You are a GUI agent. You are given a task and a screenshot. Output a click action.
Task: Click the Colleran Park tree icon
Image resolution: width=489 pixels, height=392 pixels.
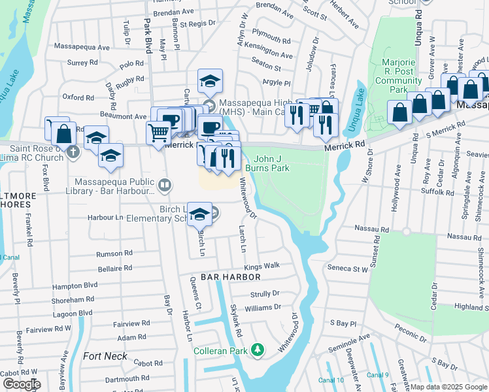tap(258, 351)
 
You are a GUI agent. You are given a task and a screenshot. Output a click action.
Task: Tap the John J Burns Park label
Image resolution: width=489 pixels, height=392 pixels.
tap(271, 163)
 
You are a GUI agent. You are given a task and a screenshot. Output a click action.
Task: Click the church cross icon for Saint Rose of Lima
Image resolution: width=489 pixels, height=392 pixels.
tap(73, 152)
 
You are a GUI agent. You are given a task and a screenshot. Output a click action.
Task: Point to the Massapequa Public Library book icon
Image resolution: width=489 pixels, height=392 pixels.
tap(165, 186)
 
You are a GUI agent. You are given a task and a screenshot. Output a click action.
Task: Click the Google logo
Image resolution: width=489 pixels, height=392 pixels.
tap(22, 384)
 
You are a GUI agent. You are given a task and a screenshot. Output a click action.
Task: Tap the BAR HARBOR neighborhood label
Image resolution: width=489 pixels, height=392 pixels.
tap(222, 278)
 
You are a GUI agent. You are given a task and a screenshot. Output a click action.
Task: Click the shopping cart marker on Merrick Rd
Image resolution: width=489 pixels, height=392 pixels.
tap(159, 134)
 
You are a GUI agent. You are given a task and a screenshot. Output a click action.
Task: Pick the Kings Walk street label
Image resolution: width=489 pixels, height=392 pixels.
tap(262, 267)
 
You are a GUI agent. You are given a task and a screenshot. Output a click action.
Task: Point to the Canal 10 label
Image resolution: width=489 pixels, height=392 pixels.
tap(331, 380)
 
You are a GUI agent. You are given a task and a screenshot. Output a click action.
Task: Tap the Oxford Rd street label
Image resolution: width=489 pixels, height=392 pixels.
tap(78, 97)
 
